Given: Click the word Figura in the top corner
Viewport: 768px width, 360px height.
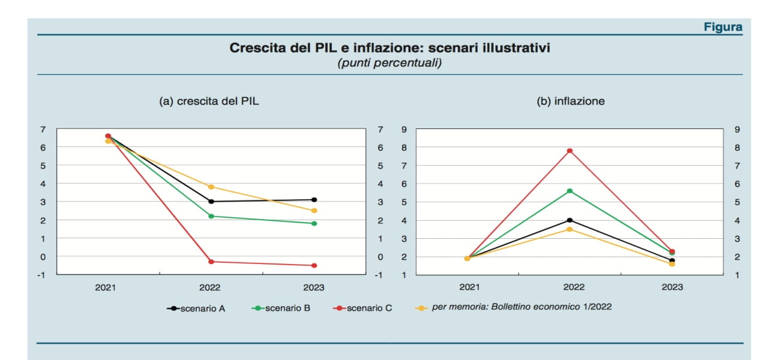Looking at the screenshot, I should pos(723,27).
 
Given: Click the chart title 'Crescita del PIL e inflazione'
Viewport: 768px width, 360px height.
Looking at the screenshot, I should pos(389,48).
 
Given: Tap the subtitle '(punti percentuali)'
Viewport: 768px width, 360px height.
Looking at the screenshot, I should pos(389,62).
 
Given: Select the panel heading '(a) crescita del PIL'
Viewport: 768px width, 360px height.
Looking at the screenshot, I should pos(209,101).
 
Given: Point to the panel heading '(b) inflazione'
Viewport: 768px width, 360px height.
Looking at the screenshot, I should pos(570,101).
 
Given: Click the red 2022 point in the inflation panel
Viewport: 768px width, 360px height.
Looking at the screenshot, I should pos(570,151).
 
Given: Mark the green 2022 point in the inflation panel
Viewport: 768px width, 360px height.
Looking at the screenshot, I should pos(570,191).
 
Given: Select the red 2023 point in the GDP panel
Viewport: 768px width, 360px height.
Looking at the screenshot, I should pos(314,265).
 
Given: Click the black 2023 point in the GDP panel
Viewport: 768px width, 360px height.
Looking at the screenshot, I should pos(314,200).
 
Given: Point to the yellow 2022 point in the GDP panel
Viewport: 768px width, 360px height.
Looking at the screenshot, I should pos(211,187).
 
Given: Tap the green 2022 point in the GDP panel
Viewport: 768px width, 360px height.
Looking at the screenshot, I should pos(211,216).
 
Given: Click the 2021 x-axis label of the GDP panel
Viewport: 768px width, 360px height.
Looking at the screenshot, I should pos(106,287).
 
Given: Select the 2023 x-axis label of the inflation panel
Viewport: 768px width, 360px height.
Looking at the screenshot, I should pos(672,287).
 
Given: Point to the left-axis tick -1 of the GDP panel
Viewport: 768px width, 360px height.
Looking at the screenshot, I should pos(43,275).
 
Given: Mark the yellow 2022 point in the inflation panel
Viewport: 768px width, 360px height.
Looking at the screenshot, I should pos(570,229).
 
